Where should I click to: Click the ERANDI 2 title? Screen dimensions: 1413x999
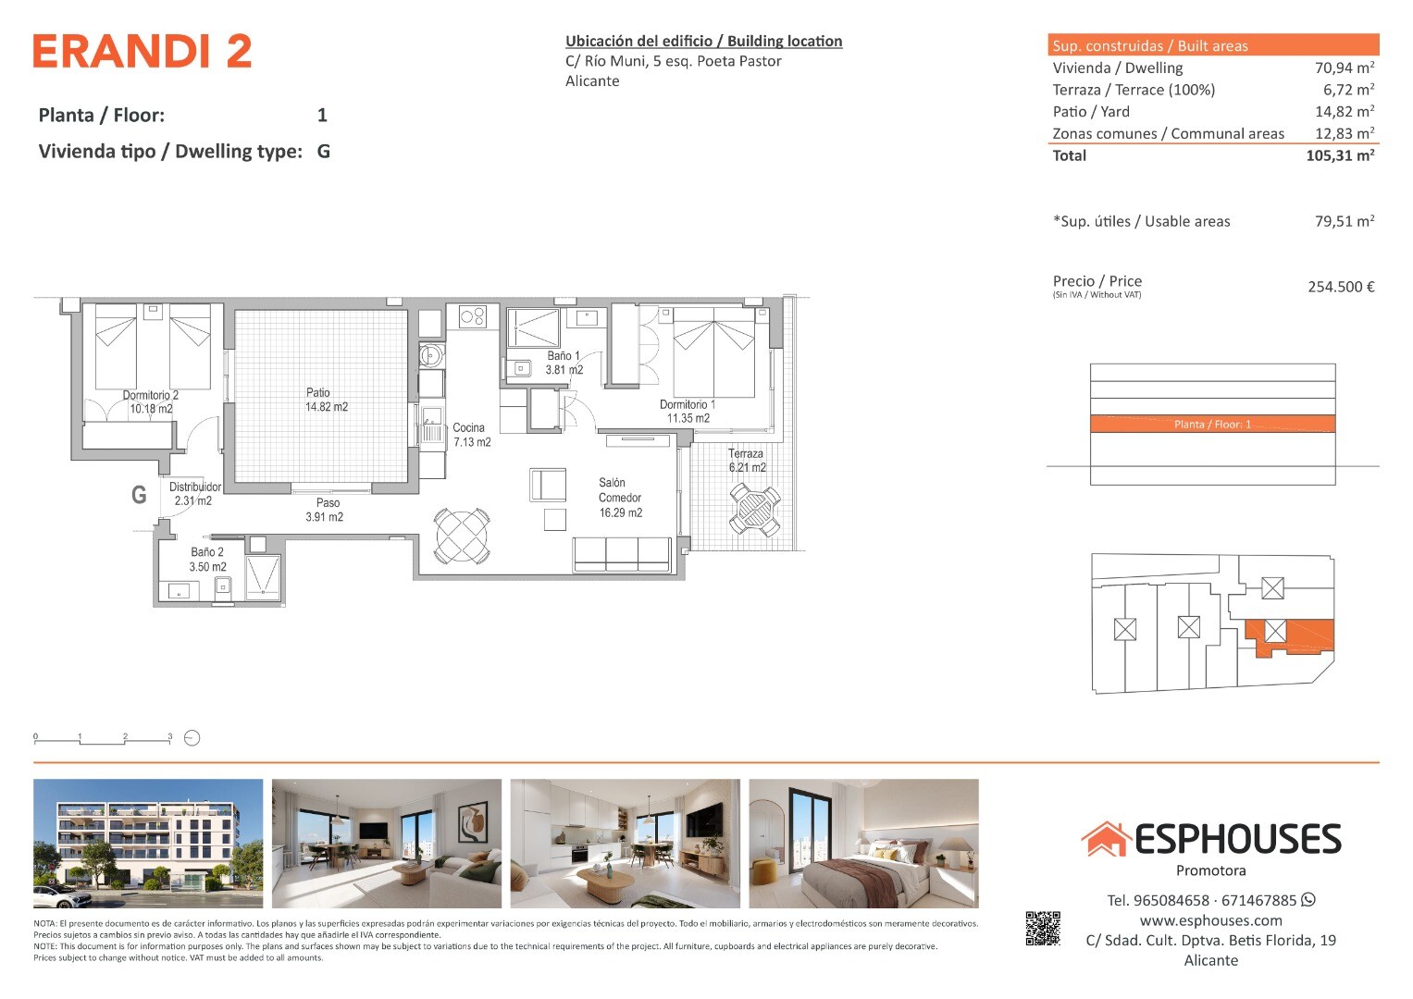pyautogui.click(x=143, y=51)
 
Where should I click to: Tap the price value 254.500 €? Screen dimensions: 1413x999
pyautogui.click(x=1341, y=287)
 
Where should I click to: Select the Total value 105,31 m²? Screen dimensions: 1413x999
pyautogui.click(x=1340, y=155)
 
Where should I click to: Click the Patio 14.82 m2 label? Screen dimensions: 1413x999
pyautogui.click(x=326, y=400)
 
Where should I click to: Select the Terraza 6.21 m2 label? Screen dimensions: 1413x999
pyautogui.click(x=747, y=461)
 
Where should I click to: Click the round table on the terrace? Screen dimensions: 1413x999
pyautogui.click(x=755, y=510)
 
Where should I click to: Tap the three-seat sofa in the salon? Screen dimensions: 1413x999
pyautogui.click(x=622, y=554)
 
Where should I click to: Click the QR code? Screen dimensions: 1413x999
pyautogui.click(x=1043, y=929)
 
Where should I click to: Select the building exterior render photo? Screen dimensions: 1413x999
pyautogui.click(x=148, y=844)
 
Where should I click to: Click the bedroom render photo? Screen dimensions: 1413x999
pyautogui.click(x=863, y=844)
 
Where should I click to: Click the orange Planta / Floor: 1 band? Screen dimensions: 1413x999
pyautogui.click(x=1212, y=424)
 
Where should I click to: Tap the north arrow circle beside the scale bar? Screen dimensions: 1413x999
pyautogui.click(x=192, y=738)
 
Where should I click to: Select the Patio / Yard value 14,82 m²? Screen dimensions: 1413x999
pyautogui.click(x=1345, y=112)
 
